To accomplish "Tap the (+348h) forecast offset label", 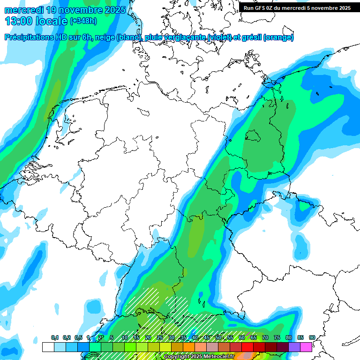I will (84, 21).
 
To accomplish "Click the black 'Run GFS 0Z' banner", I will (297, 7).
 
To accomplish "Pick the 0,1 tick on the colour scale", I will (54, 337).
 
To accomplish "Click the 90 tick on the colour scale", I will (312, 337).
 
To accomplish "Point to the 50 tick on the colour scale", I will (218, 337).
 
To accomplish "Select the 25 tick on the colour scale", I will (159, 337).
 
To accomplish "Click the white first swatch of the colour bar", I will (48, 347).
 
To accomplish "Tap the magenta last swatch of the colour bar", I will (306, 347).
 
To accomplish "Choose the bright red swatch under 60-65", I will (247, 347).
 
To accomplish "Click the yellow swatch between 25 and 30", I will (165, 347).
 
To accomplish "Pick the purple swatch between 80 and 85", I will (294, 347).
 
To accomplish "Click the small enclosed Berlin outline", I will (253, 135).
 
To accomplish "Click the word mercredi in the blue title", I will (24, 9).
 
